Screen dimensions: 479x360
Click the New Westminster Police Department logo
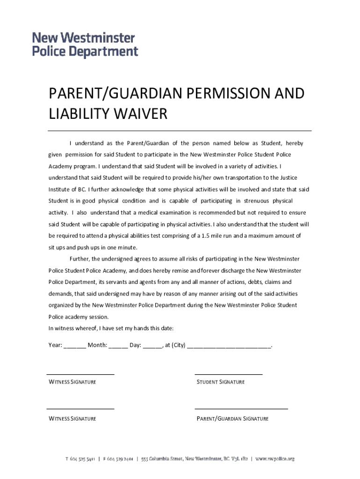[85, 44]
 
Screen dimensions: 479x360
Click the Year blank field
[74, 346]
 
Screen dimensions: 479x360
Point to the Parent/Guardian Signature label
[232, 419]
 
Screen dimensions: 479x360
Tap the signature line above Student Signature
[228, 374]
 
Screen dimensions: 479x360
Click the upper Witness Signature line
[80, 374]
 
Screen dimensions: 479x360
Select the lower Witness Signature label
[72, 419]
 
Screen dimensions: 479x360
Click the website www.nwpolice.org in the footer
[275, 459]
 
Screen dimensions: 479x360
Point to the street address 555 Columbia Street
[162, 459]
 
